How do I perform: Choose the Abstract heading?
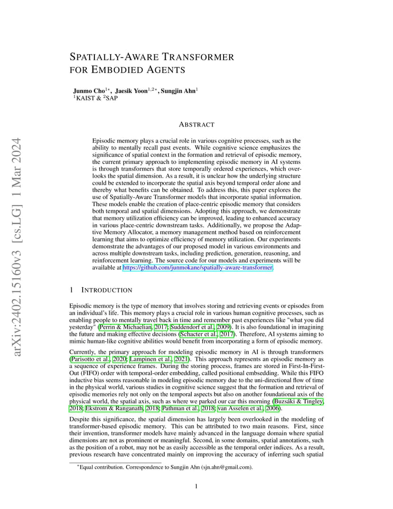[196, 124]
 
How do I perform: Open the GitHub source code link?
[198, 268]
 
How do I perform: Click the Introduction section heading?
[107, 290]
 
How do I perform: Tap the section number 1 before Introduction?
[71, 290]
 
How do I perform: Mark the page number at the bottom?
[196, 486]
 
